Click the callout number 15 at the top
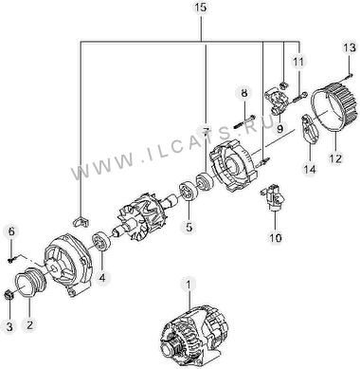click(x=201, y=7)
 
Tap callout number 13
click(x=350, y=48)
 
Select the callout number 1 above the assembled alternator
click(x=189, y=286)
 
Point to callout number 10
click(x=276, y=238)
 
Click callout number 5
click(x=189, y=227)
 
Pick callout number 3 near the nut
click(x=9, y=326)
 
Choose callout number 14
click(x=310, y=170)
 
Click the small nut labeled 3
click(x=9, y=296)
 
